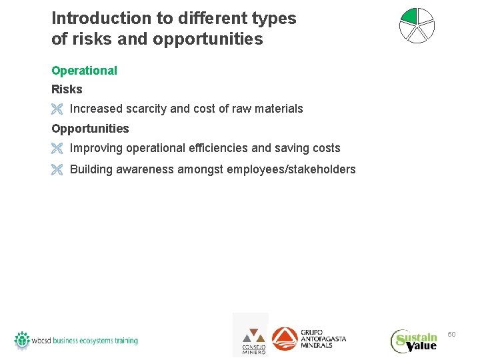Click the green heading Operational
84,71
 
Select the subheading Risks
67,89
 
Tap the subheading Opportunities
90,129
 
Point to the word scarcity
145,109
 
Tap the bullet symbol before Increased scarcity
57,109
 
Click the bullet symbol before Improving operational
57,149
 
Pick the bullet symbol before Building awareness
57,170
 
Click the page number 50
451,334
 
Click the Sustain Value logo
414,341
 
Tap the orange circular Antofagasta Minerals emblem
285,339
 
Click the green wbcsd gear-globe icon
23,339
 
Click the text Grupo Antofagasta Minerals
323,339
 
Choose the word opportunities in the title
208,39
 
